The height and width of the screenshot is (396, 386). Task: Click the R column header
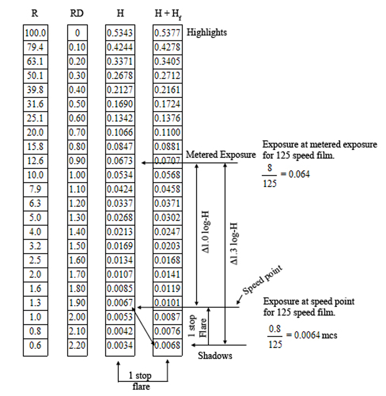(x=35, y=13)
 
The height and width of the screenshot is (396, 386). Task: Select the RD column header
(x=77, y=13)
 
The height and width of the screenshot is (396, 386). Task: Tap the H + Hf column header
(x=168, y=14)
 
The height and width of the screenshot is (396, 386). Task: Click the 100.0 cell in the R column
(x=36, y=33)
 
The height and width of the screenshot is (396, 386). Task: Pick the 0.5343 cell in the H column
(x=120, y=33)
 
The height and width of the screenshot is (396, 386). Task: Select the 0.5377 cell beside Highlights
(x=167, y=33)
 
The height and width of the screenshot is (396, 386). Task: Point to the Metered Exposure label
(x=221, y=155)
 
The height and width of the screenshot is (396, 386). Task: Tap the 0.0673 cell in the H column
(x=120, y=161)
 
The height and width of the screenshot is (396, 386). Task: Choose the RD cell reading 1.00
(x=77, y=175)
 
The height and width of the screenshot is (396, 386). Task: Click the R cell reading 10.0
(x=36, y=175)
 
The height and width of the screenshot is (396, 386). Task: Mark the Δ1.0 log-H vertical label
(x=206, y=232)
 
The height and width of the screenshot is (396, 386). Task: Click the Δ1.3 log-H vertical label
(x=235, y=243)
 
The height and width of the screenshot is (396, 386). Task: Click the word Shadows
(x=215, y=356)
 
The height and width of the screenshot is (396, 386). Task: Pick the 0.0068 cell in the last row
(x=167, y=345)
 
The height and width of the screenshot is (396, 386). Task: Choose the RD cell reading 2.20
(x=77, y=345)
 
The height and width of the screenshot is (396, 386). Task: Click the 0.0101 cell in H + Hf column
(x=167, y=303)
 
